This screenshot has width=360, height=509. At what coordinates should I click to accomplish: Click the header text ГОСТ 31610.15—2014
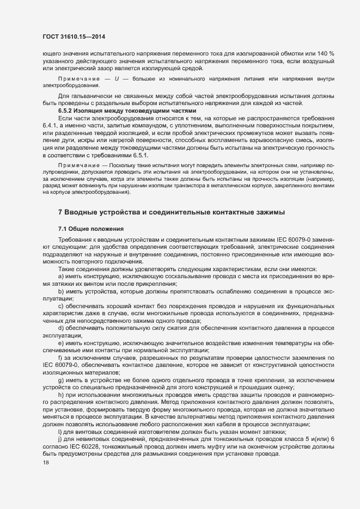73,37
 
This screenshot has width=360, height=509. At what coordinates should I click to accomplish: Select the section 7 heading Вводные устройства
171,212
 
